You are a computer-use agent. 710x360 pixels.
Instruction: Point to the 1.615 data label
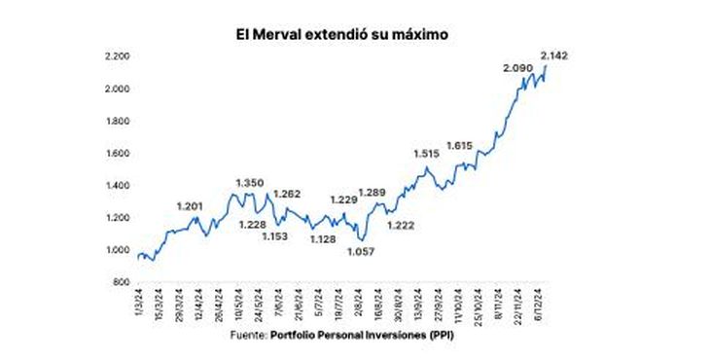coord(460,146)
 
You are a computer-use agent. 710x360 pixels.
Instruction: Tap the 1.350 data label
coord(250,182)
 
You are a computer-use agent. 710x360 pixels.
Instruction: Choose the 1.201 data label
coord(193,205)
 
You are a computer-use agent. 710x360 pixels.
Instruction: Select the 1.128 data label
coord(324,239)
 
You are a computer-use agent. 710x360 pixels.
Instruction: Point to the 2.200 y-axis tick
coord(118,56)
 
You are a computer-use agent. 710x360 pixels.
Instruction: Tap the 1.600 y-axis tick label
coord(118,154)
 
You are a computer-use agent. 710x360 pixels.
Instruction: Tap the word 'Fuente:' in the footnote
coord(251,336)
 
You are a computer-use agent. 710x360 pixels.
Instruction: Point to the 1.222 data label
coord(402,226)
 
